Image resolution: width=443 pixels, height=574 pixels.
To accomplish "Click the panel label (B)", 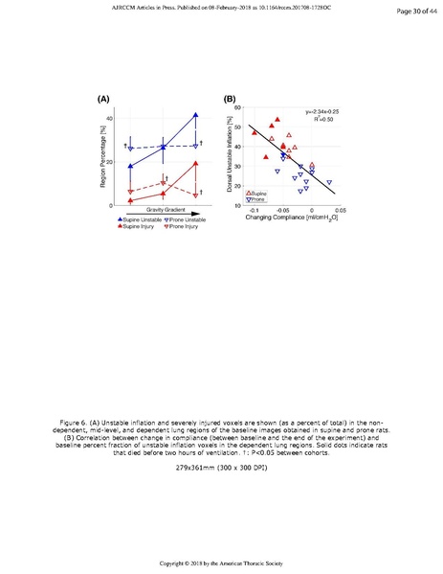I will pos(230,99).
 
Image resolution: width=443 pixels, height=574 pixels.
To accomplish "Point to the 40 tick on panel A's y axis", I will pos(109,118).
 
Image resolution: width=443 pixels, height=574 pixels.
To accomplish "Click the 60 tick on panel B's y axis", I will pos(237,107).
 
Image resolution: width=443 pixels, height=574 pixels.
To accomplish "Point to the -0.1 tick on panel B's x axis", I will pos(254,210).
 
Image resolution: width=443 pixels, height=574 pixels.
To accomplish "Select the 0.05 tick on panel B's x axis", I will pos(341,210).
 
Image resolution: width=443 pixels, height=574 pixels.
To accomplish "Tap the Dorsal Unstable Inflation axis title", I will pos(231,156).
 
